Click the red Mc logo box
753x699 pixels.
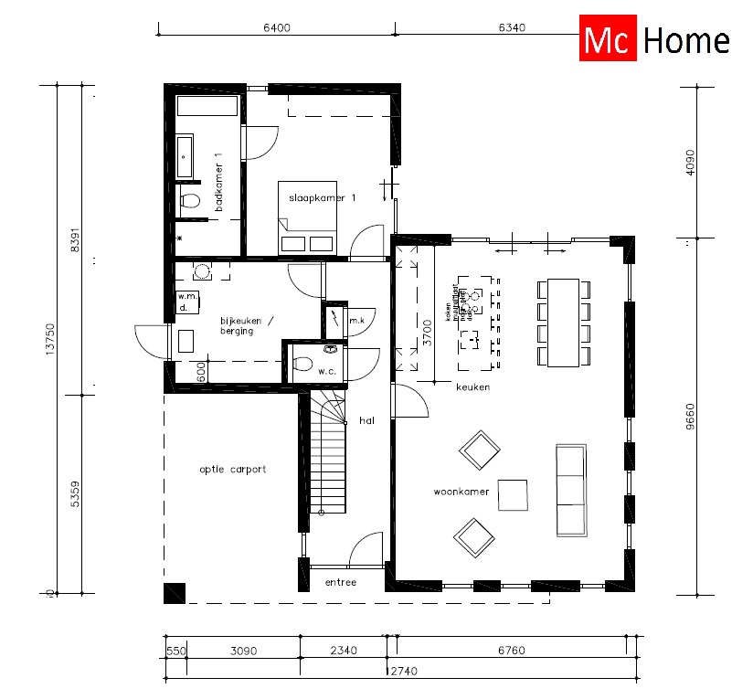pos(608,40)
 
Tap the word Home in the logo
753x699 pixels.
pos(686,40)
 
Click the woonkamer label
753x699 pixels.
pos(461,492)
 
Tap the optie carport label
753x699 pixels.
pos(233,470)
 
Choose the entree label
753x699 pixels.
pos(340,582)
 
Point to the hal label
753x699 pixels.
pos(367,420)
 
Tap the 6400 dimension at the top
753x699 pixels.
pos(276,27)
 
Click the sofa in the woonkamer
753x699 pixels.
pos(570,492)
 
